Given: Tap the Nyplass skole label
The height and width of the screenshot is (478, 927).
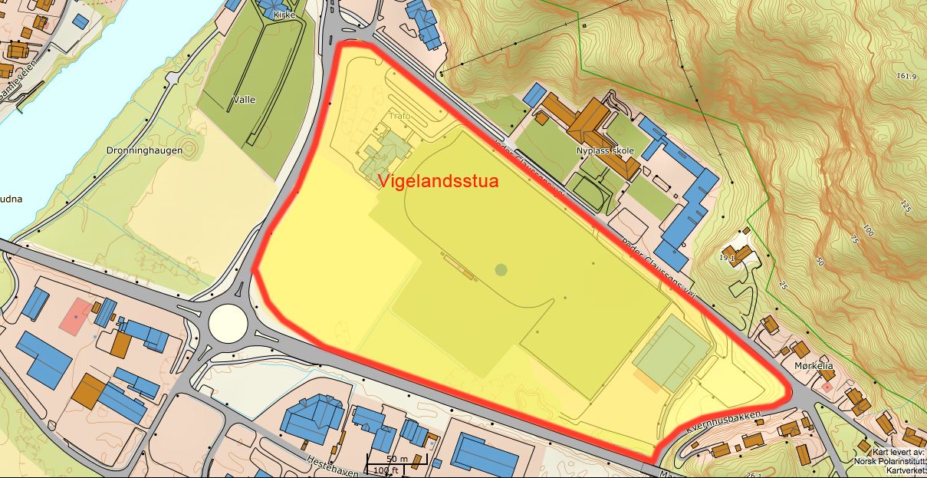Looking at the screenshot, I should pyautogui.click(x=605, y=151).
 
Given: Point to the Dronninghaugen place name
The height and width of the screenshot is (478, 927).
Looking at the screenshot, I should pyautogui.click(x=145, y=150).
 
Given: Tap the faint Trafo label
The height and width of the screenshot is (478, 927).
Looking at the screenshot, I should pyautogui.click(x=399, y=116).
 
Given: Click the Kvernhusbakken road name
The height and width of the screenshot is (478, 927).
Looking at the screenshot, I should pyautogui.click(x=724, y=421).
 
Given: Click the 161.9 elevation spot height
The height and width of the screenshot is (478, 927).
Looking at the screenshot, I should pyautogui.click(x=907, y=76).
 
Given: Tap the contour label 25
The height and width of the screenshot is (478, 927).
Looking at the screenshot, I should pyautogui.click(x=784, y=286).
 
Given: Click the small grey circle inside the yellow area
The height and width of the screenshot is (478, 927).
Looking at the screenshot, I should pyautogui.click(x=501, y=269).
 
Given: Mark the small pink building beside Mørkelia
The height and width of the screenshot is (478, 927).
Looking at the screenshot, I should pyautogui.click(x=827, y=387).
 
